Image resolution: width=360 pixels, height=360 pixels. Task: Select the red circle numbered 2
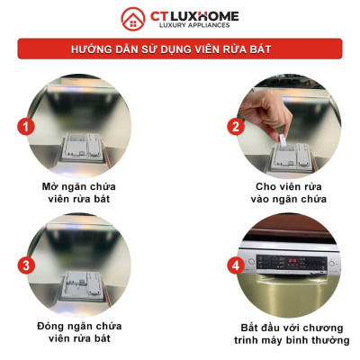[236, 126]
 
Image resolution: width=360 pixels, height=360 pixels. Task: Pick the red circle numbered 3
[28, 265]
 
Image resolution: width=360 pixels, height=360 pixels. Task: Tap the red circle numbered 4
[236, 265]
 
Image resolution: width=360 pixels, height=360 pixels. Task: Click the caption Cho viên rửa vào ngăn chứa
[290, 192]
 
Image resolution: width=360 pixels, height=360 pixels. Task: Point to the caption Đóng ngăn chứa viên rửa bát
[85, 330]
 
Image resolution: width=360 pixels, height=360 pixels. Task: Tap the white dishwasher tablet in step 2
[281, 137]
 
